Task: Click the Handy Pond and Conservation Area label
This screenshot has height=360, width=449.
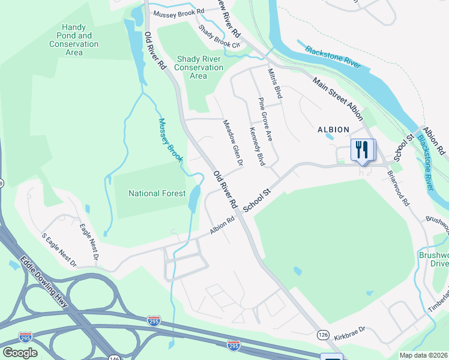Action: click(x=74, y=40)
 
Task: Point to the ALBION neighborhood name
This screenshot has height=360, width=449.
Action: click(x=333, y=130)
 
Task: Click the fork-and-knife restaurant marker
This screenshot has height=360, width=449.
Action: click(x=362, y=150)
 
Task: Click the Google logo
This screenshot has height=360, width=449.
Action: click(x=19, y=352)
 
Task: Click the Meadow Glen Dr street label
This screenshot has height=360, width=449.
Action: click(x=232, y=143)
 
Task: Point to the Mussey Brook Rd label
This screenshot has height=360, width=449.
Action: click(x=178, y=12)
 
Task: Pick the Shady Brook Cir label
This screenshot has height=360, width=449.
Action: click(x=219, y=37)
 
